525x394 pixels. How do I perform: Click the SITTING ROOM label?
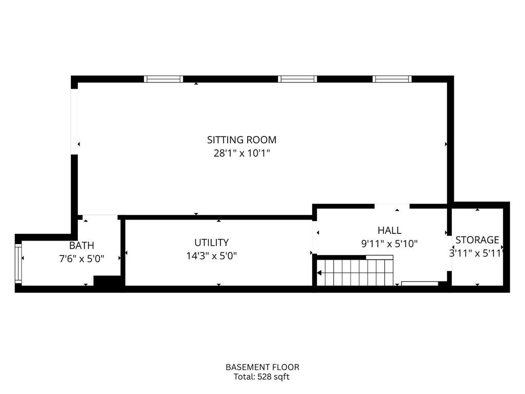242,140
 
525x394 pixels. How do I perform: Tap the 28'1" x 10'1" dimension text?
242,153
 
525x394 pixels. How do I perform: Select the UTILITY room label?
212,242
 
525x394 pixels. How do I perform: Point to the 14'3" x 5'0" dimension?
212,256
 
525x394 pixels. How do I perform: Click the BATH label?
82,246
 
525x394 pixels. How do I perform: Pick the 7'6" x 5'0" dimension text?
82,259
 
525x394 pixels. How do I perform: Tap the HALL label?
390,230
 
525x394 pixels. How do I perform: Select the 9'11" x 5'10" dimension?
390,244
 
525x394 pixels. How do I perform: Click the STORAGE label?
477,240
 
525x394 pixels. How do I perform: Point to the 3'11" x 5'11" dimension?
476,253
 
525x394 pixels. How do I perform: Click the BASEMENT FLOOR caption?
262,367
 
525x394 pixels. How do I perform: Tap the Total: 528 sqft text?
261,377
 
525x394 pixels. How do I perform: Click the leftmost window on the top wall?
164,79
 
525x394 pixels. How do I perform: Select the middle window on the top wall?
297,79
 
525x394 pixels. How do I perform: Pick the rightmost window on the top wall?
392,79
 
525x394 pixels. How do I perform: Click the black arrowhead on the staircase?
319,273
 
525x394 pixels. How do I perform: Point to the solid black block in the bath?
107,281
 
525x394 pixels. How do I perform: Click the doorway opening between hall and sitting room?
392,206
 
